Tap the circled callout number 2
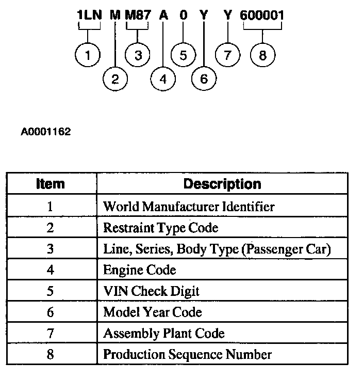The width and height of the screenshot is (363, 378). click(x=115, y=79)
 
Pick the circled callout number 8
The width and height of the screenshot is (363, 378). click(x=262, y=55)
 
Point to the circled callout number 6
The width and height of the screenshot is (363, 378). click(x=203, y=79)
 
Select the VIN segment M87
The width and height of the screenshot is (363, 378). click(x=138, y=15)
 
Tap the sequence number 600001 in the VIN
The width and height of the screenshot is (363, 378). click(x=262, y=15)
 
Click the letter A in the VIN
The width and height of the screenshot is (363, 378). click(x=163, y=15)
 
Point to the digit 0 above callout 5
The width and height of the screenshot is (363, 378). click(x=183, y=15)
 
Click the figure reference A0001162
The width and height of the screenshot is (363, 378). click(x=45, y=132)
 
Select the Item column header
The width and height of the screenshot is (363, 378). click(x=51, y=184)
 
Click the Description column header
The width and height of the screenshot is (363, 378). click(x=222, y=184)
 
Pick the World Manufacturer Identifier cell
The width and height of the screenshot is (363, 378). click(x=189, y=207)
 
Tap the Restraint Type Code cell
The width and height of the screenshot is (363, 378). click(x=160, y=228)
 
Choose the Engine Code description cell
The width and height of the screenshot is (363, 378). click(x=140, y=270)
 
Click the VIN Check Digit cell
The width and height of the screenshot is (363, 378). click(x=151, y=291)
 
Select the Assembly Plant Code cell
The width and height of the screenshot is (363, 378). click(x=163, y=334)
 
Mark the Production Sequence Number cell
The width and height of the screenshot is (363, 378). click(x=187, y=355)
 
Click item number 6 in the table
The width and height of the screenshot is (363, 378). click(x=51, y=312)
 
